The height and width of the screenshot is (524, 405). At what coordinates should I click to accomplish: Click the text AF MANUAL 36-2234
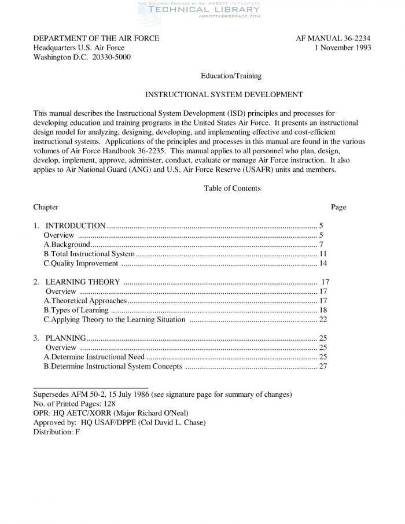pos(333,39)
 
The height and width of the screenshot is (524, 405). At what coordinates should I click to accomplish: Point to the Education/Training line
pos(231,76)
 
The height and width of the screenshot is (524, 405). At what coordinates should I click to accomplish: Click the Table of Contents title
pos(232,188)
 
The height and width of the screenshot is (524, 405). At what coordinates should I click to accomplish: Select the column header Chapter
pos(46,207)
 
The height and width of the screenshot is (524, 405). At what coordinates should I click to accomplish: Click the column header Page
pos(338,207)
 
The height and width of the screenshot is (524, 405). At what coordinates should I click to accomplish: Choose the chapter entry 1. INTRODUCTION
pos(69,226)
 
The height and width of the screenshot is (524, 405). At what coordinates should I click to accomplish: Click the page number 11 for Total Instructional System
pos(323,254)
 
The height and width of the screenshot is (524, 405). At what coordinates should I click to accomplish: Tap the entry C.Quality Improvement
pos(81,263)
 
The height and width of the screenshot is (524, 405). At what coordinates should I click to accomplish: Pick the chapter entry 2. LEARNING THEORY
pos(76,282)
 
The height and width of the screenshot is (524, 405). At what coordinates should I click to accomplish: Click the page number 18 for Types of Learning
pos(323,310)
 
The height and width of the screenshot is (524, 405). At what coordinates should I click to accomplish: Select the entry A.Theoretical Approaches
pos(85,301)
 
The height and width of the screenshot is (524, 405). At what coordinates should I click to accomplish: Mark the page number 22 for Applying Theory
pos(323,319)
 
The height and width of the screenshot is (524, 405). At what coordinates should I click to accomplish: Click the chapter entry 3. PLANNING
pos(60,338)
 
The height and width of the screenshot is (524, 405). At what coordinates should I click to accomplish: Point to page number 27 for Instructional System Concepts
pos(323,366)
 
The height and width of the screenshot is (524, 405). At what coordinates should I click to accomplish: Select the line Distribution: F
pos(57,431)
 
